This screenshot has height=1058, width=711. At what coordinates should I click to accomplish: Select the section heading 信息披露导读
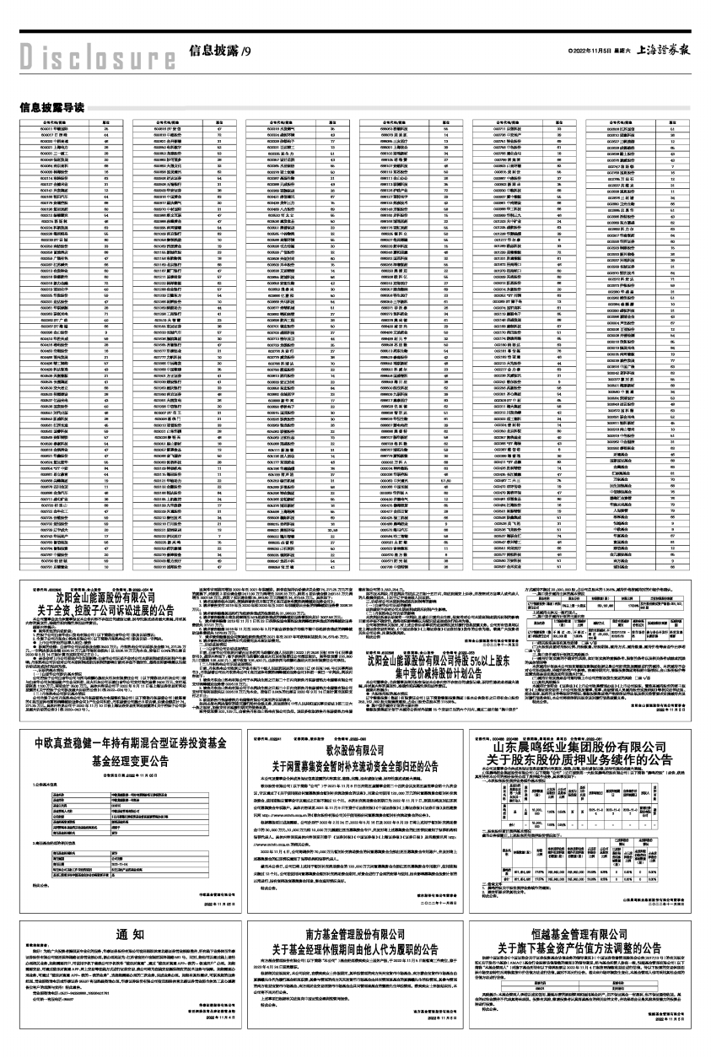pyautogui.click(x=51, y=107)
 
